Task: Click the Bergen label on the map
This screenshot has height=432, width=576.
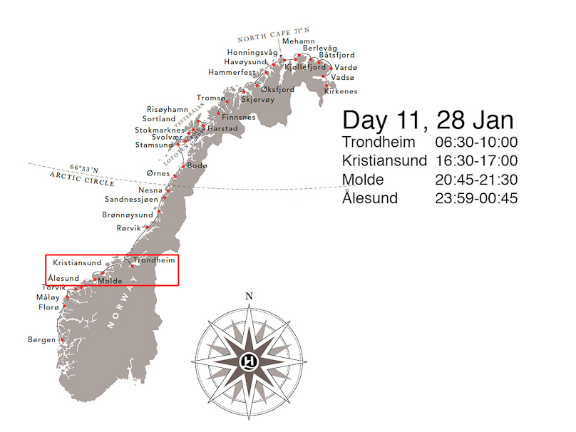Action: tap(41, 340)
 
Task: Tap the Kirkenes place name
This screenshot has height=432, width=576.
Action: tap(340, 91)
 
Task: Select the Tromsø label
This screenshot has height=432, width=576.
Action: tap(210, 98)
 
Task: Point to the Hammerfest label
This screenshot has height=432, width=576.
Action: tap(232, 73)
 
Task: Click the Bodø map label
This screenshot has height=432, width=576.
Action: tap(197, 165)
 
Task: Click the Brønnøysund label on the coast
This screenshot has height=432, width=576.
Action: tap(128, 215)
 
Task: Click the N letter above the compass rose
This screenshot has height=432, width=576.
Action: tap(248, 297)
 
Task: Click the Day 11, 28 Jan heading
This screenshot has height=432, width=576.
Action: tap(428, 119)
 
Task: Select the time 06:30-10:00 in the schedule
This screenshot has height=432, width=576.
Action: tap(476, 142)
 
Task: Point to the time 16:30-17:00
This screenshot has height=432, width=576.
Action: tap(476, 160)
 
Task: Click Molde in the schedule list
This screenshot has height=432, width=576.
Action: tap(363, 179)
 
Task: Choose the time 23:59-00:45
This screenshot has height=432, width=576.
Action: tap(476, 197)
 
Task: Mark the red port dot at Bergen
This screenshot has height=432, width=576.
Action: tap(63, 340)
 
